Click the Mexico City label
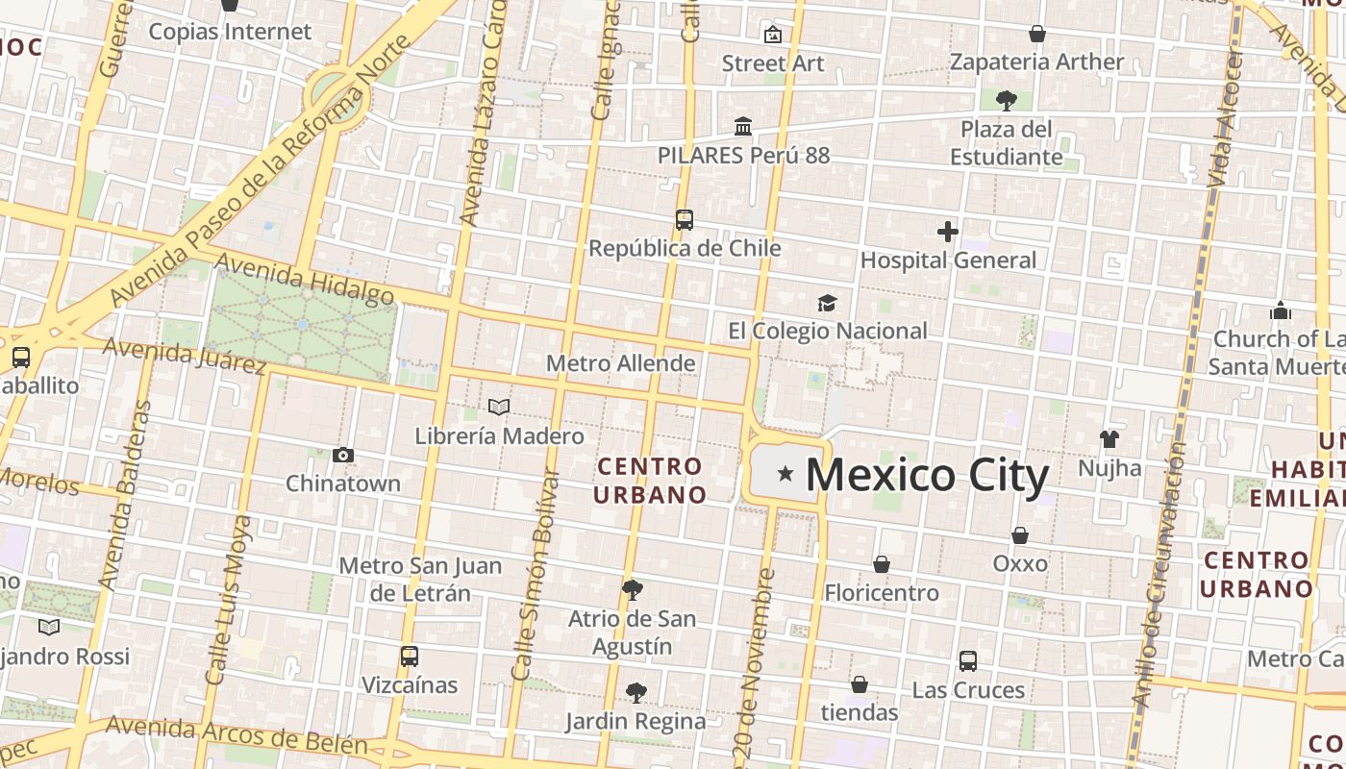tap(926, 476)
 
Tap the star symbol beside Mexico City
tap(785, 473)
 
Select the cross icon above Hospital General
tap(948, 232)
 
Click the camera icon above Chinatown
tap(343, 455)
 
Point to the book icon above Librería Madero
tap(498, 408)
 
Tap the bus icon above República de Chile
tap(684, 220)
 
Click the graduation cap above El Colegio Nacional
tap(828, 304)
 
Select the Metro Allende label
tap(620, 363)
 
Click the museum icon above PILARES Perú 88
tap(742, 127)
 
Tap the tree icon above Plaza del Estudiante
tap(1006, 99)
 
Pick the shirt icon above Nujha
tap(1109, 439)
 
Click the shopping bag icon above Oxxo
tap(1020, 534)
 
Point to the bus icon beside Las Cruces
tap(968, 661)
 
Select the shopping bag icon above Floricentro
tap(882, 564)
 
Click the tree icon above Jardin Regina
tap(636, 692)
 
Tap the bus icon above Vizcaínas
tap(410, 657)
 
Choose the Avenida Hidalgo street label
tap(304, 279)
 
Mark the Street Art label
tap(773, 63)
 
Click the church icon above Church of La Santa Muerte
tap(1281, 310)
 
